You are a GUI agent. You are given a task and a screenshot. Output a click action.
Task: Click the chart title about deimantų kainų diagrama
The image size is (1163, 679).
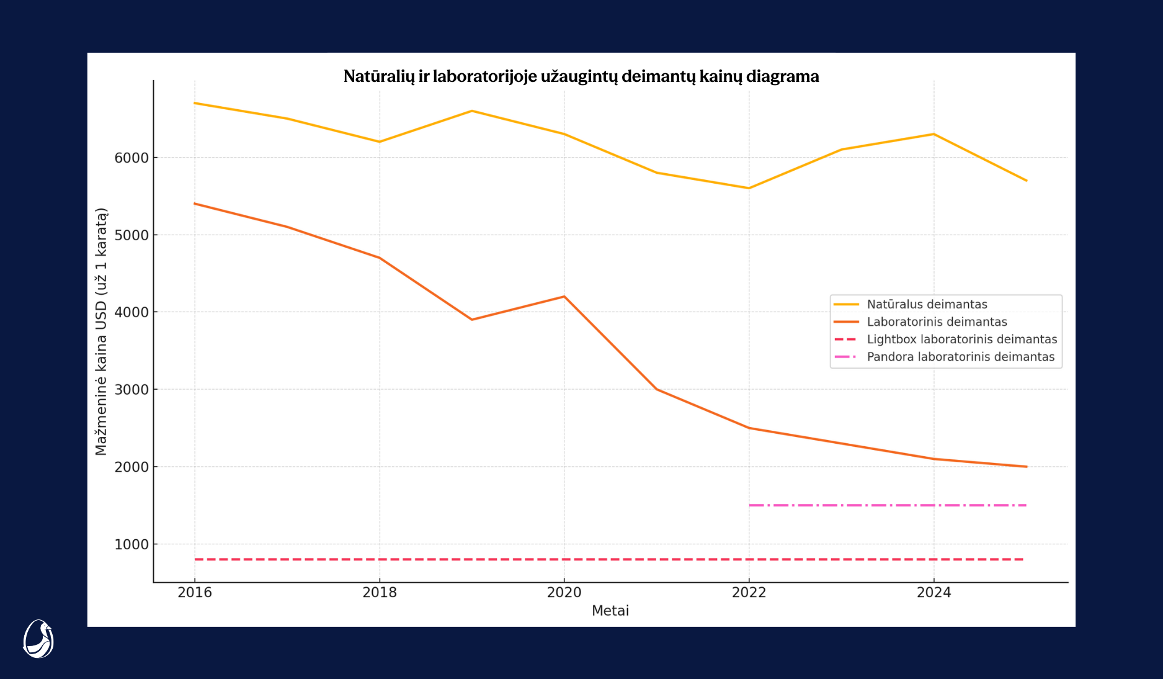pyautogui.click(x=581, y=76)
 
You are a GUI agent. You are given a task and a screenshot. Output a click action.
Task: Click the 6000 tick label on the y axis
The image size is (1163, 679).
pyautogui.click(x=132, y=158)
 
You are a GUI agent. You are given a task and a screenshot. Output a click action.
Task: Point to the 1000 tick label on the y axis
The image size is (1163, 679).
pyautogui.click(x=132, y=544)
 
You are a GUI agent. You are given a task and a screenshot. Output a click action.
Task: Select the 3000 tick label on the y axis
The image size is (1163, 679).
pyautogui.click(x=132, y=390)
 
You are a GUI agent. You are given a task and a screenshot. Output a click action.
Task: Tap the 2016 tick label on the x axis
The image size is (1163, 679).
pyautogui.click(x=195, y=593)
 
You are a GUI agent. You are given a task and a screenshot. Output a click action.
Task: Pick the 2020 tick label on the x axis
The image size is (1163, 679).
pyautogui.click(x=564, y=593)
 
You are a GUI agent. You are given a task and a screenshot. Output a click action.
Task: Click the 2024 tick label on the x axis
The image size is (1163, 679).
pyautogui.click(x=934, y=593)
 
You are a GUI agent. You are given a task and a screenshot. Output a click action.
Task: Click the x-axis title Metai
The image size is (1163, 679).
pyautogui.click(x=610, y=611)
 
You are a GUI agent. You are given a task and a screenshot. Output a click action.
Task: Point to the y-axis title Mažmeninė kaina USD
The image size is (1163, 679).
pyautogui.click(x=101, y=331)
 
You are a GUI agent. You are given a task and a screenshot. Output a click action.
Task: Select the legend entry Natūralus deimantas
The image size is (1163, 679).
pyautogui.click(x=927, y=304)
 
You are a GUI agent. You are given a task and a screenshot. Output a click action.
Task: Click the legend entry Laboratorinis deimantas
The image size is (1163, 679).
pyautogui.click(x=937, y=322)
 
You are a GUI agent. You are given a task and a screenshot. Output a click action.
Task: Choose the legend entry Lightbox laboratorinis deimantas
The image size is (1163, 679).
pyautogui.click(x=961, y=339)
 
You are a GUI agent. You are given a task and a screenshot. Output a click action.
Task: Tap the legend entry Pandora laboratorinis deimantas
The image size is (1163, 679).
pyautogui.click(x=960, y=357)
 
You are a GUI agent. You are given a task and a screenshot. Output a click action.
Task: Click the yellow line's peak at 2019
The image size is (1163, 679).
pyautogui.click(x=472, y=111)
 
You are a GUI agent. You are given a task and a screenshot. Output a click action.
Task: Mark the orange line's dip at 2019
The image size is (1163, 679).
pyautogui.click(x=472, y=320)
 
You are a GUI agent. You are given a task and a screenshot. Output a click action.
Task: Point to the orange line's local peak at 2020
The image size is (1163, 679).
pyautogui.click(x=564, y=297)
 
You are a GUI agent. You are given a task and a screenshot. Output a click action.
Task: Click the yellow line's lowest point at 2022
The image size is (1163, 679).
pyautogui.click(x=749, y=188)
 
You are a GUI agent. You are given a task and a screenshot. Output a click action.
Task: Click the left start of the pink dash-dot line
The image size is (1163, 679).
pyautogui.click(x=750, y=505)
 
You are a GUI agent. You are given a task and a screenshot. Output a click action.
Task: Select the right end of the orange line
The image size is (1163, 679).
pyautogui.click(x=1027, y=467)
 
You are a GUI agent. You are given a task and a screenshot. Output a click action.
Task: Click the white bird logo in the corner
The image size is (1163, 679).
pyautogui.click(x=38, y=639)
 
